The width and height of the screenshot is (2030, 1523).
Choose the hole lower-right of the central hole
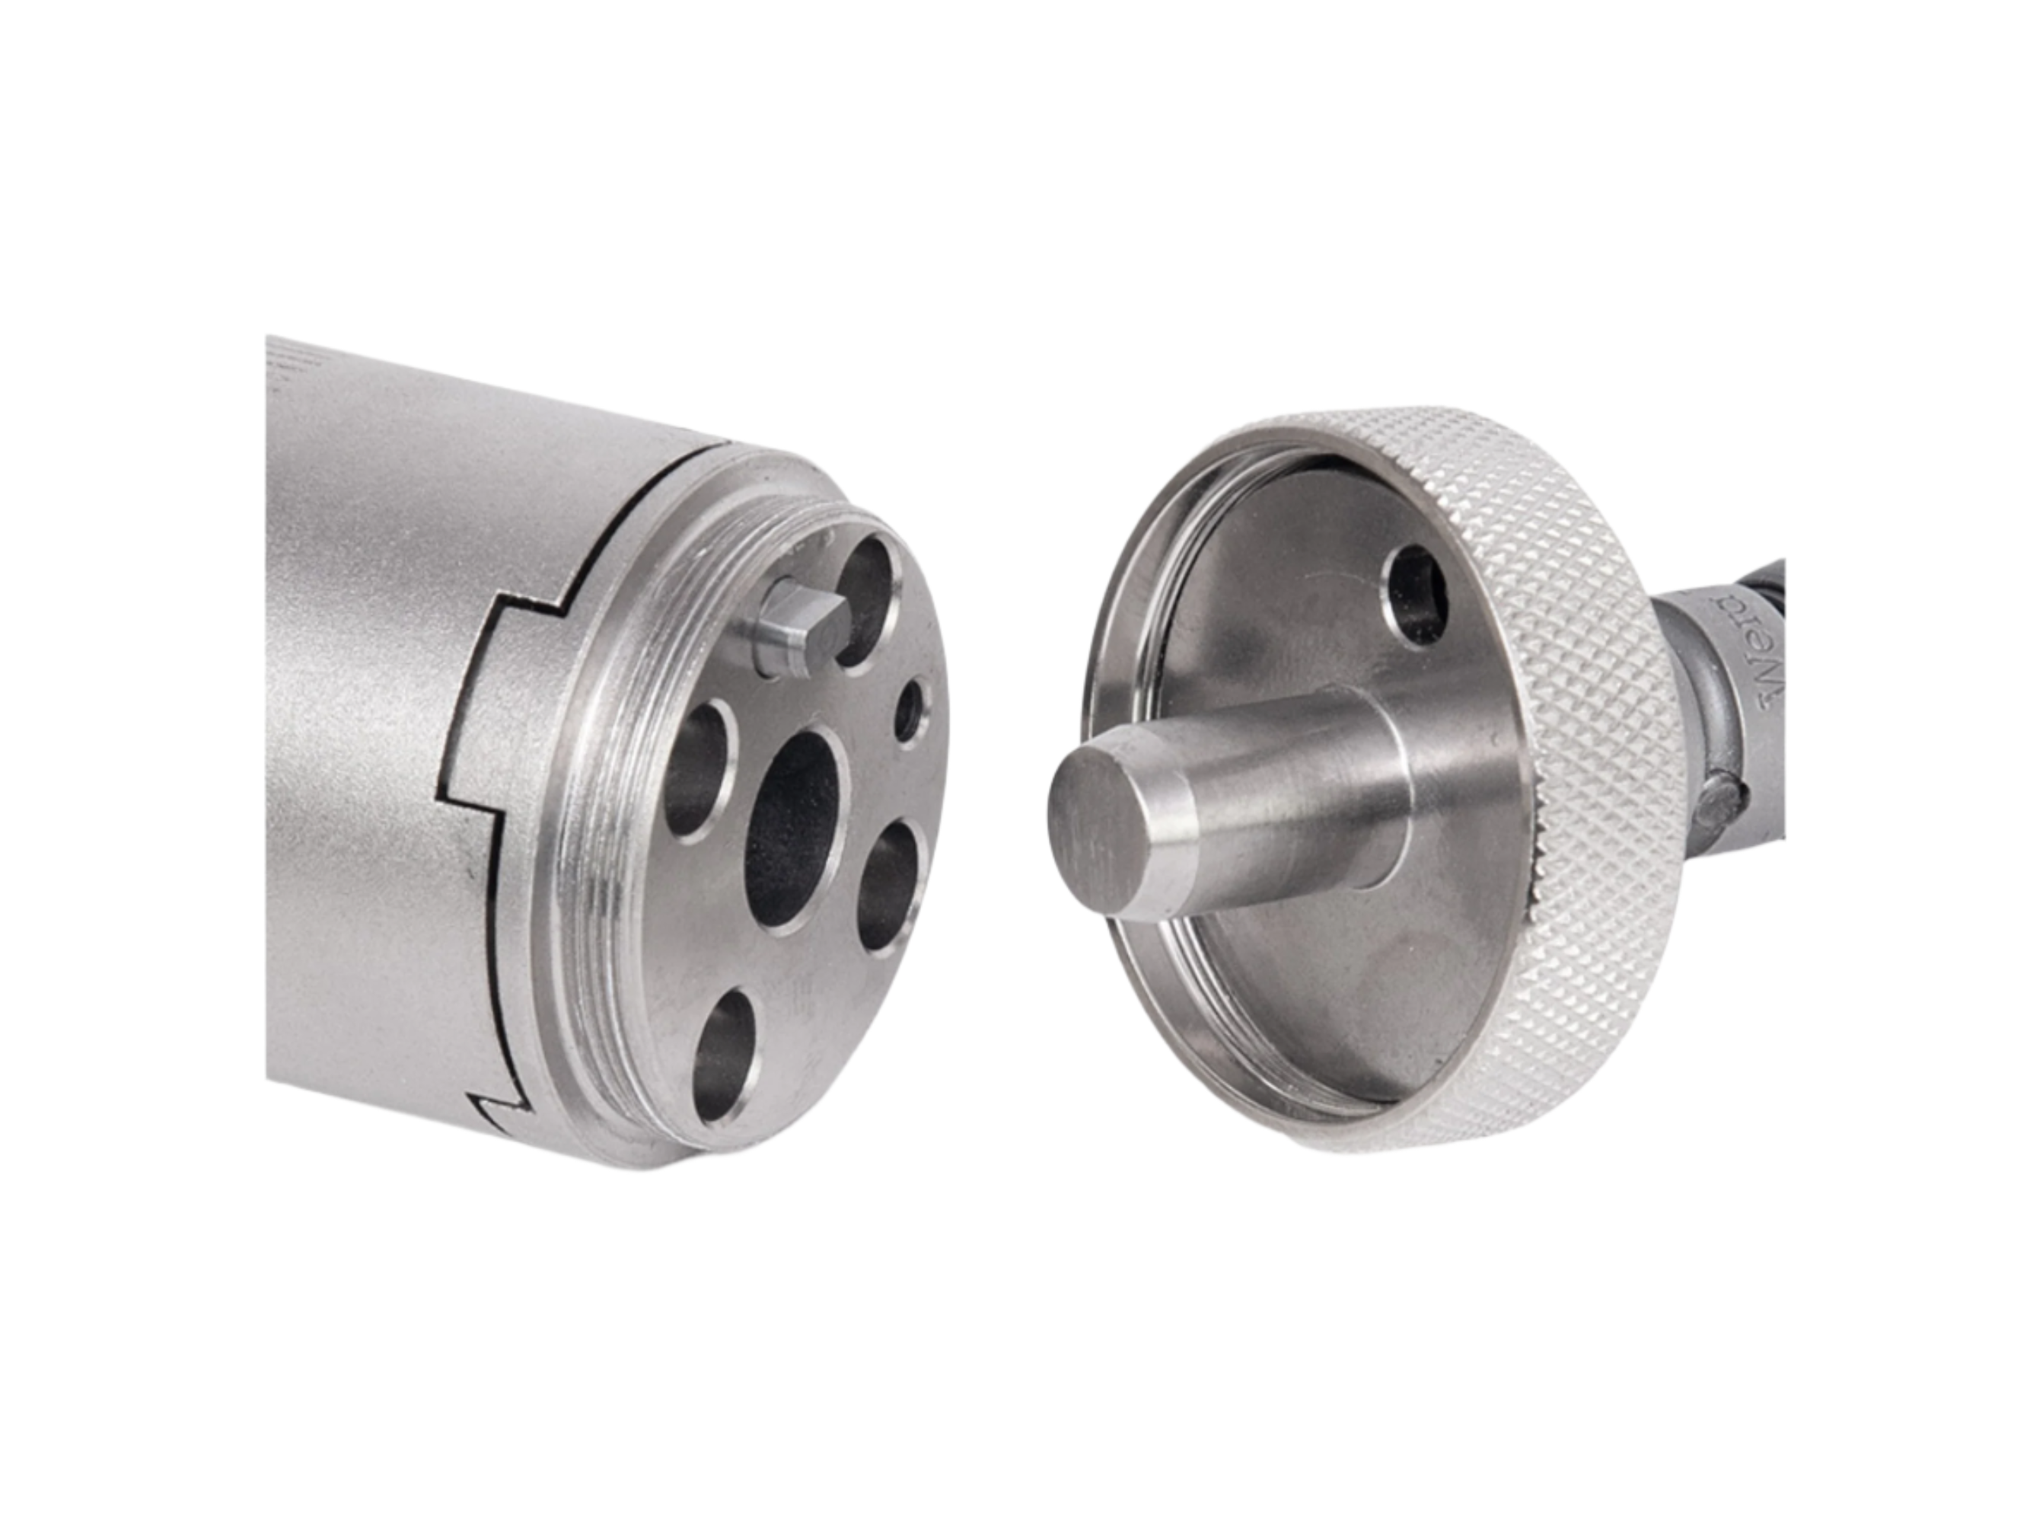pyautogui.click(x=891, y=883)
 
